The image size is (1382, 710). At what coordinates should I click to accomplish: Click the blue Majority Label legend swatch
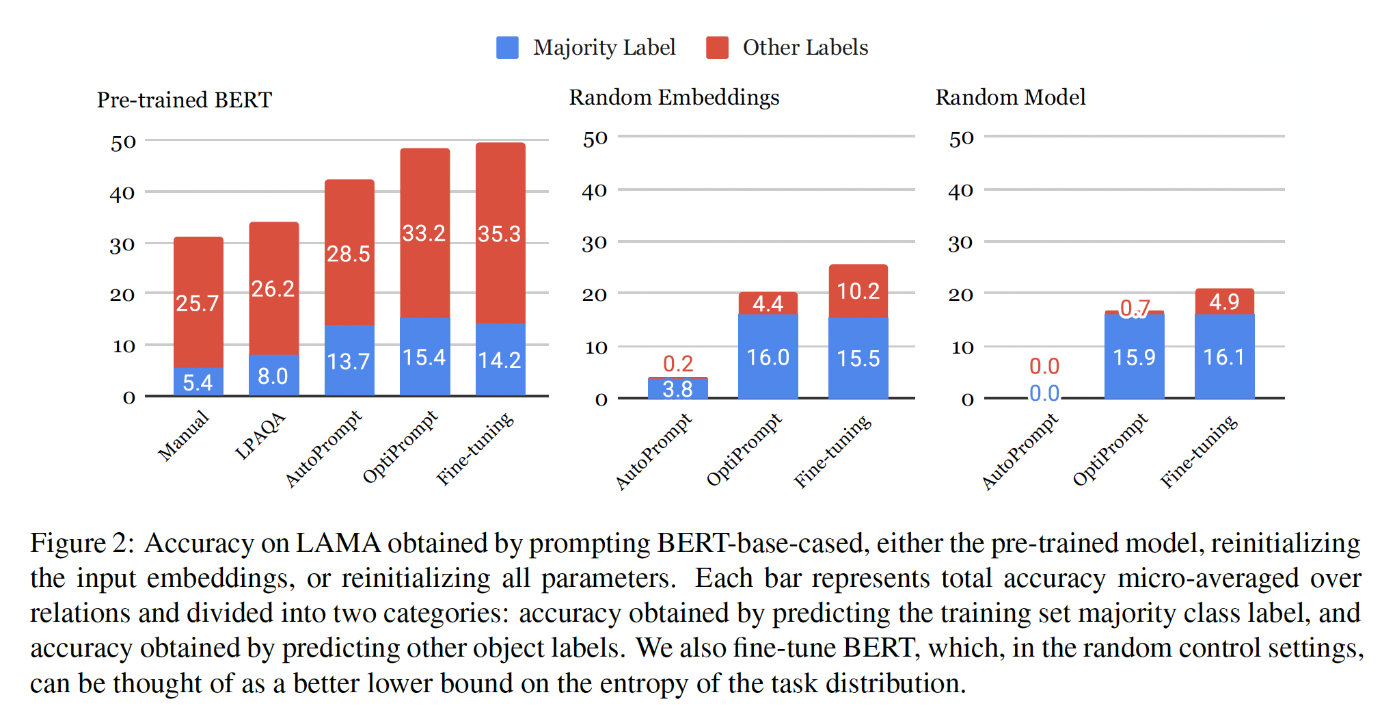click(507, 48)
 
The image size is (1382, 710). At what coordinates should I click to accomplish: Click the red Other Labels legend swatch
click(717, 48)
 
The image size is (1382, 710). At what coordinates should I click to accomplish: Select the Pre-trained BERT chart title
click(184, 100)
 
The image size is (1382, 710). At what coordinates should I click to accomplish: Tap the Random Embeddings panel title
click(674, 97)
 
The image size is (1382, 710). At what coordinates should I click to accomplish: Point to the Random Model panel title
click(1010, 97)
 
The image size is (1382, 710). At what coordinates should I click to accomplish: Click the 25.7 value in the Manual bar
click(198, 303)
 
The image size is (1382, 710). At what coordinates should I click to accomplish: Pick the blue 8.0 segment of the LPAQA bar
click(273, 376)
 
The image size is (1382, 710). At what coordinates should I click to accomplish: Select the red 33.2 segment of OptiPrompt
click(424, 233)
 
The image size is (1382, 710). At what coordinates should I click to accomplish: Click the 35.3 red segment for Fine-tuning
click(500, 234)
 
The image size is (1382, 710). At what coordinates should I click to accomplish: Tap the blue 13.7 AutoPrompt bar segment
click(349, 360)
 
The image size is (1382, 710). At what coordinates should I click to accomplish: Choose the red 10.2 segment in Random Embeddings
click(858, 291)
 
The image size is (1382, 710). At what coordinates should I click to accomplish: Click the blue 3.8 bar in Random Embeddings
click(677, 389)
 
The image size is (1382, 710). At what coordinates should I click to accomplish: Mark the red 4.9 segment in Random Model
click(1224, 301)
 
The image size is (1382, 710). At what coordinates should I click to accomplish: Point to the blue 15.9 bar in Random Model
click(1134, 357)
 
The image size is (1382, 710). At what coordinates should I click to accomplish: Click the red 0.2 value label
click(678, 363)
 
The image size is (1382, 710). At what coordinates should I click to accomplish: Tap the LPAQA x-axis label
click(260, 436)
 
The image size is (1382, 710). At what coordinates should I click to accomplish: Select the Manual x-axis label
click(183, 435)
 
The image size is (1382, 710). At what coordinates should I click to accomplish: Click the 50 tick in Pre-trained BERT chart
click(123, 143)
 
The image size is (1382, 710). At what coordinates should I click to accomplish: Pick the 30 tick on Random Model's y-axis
click(960, 244)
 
